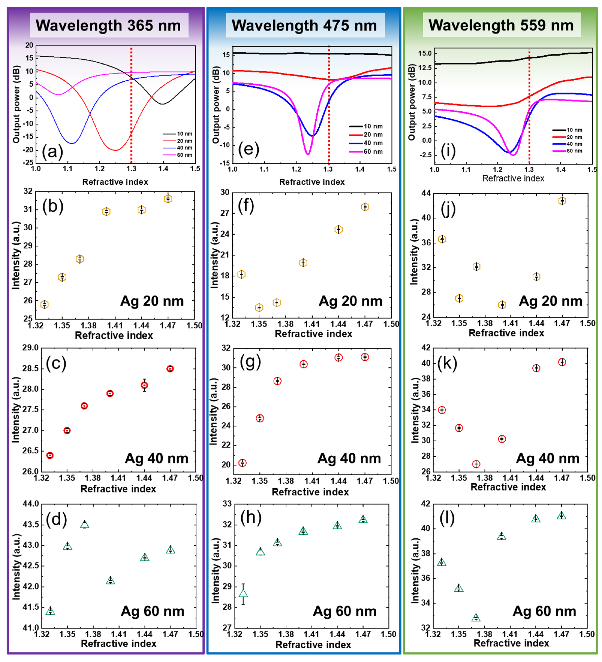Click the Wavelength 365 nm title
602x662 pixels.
pos(109,25)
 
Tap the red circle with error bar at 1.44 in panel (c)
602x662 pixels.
pos(144,385)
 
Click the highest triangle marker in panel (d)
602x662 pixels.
pos(85,524)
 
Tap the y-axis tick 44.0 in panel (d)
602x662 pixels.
pos(31,504)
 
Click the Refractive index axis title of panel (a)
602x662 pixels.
pos(115,182)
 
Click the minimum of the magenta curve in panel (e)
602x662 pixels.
pos(308,154)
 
